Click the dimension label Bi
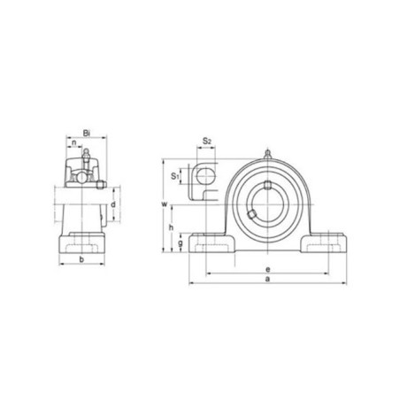tap(86, 133)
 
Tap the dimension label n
tap(74, 142)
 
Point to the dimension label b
tap(82, 259)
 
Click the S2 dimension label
tap(207, 141)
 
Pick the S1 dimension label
tap(175, 176)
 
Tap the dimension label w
tap(165, 204)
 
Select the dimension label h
tap(171, 227)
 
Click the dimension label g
tap(180, 243)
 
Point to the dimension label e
tap(268, 269)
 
